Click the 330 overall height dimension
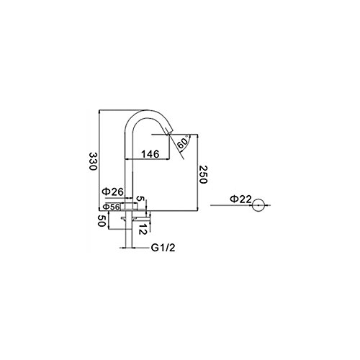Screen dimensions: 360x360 tap(93, 161)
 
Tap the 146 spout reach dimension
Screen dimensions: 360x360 tap(150, 154)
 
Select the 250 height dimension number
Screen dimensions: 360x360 tap(203, 174)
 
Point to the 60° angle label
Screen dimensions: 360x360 tap(183, 143)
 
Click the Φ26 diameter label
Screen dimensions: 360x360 tap(113, 192)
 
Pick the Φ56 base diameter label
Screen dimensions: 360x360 tap(112, 207)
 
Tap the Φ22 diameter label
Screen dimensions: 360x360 tap(240, 199)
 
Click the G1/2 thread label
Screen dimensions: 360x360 tap(163, 248)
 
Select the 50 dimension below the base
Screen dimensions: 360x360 tap(102, 221)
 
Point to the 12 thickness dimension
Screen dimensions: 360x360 tap(143, 229)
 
